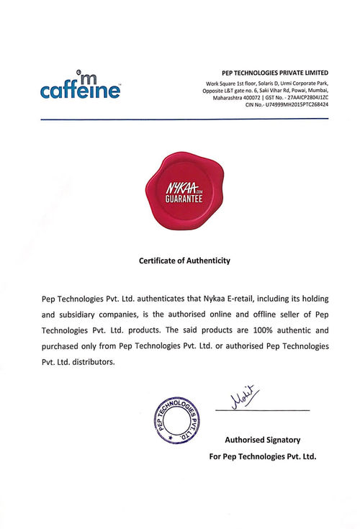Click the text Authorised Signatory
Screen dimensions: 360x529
coord(263,439)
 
